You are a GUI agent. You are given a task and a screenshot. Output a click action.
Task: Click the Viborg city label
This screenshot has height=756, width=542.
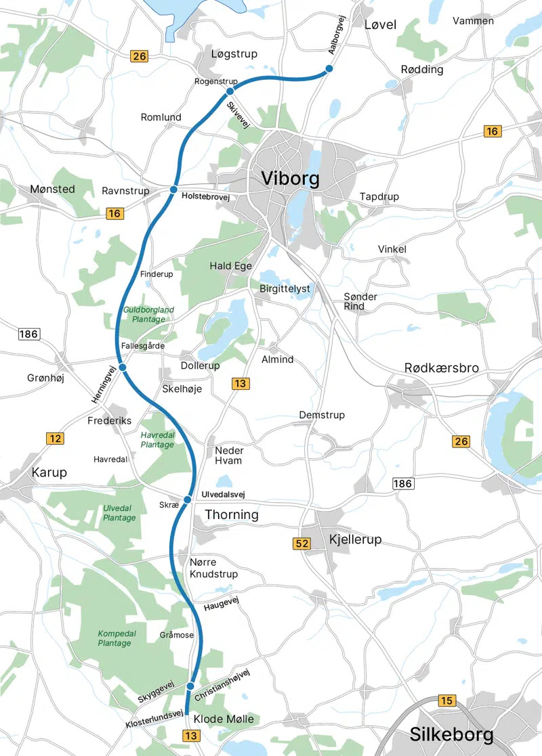(x=290, y=179)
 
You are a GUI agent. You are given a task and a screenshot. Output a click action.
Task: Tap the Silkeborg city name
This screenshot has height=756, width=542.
(x=452, y=734)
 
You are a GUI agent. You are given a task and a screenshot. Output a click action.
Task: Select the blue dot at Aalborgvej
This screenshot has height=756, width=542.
(x=329, y=69)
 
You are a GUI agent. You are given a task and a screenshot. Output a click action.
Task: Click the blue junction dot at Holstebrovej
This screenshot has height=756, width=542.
(x=173, y=189)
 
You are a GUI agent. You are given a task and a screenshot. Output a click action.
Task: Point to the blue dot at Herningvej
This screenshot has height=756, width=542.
(x=123, y=367)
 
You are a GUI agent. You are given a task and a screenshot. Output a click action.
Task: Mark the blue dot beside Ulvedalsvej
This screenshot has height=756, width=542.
(x=187, y=500)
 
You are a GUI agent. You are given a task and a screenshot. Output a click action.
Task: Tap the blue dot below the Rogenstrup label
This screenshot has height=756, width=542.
(x=230, y=91)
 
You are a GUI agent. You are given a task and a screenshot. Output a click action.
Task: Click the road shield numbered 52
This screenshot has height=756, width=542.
(x=301, y=543)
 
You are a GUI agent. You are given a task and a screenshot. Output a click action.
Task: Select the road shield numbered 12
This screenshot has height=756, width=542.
(x=55, y=439)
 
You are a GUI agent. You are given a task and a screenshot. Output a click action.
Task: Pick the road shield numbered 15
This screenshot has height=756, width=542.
(x=446, y=701)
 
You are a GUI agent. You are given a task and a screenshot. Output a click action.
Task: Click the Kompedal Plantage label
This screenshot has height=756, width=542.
(x=114, y=638)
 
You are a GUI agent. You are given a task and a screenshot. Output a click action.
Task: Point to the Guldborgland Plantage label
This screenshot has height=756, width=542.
(x=148, y=314)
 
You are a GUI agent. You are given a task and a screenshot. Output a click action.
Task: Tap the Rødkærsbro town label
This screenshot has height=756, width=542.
(x=441, y=368)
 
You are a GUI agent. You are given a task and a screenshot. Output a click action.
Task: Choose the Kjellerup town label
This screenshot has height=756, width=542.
(x=355, y=539)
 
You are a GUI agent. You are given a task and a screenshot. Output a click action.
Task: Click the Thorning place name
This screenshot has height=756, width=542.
(x=232, y=514)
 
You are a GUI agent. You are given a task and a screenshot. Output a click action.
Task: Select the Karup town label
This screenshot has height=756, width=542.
(x=48, y=472)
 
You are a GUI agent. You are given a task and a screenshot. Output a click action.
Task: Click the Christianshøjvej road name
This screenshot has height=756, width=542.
(x=222, y=686)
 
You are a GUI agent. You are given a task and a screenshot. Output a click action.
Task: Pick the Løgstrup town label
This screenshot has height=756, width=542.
(x=234, y=54)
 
